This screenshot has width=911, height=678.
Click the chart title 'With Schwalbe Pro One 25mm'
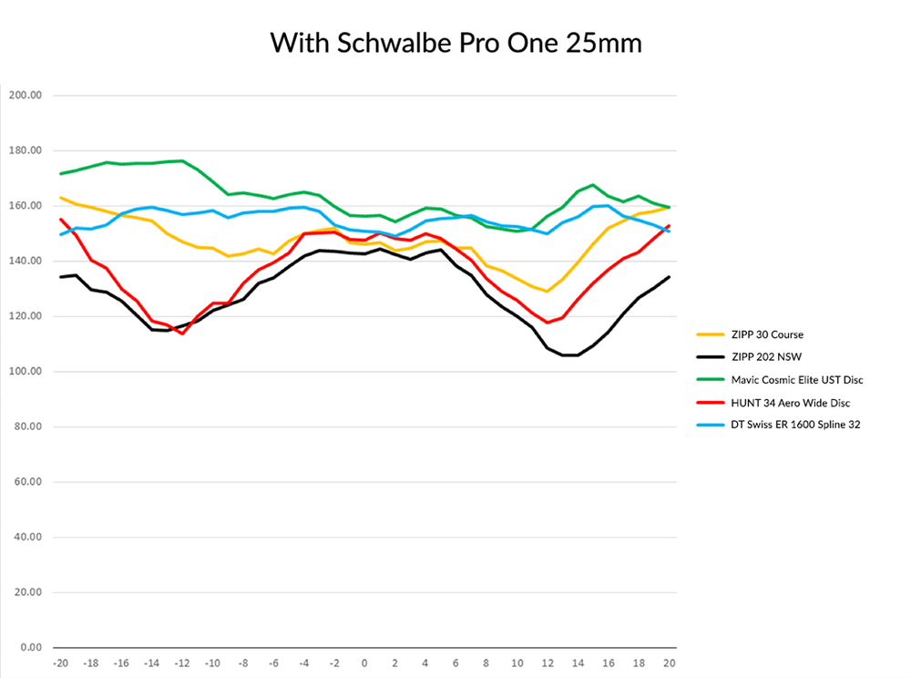click(455, 43)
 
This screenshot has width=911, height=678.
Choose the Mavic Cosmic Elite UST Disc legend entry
click(783, 379)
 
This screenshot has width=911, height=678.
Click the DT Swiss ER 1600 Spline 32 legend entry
click(783, 424)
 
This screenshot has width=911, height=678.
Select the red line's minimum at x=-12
click(182, 334)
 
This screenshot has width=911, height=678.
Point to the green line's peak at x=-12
click(182, 160)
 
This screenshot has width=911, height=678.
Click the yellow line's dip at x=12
click(548, 292)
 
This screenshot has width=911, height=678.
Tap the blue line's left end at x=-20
click(61, 234)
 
